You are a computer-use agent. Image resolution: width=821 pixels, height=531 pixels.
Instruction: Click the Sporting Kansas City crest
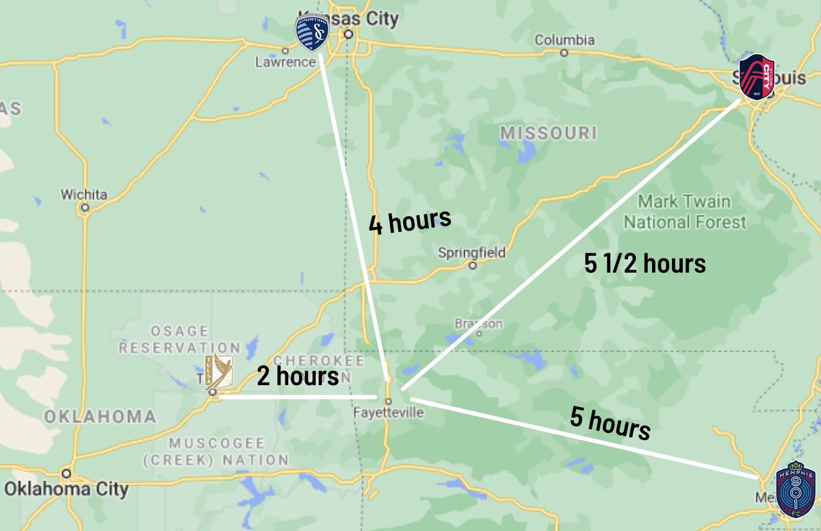(311, 32)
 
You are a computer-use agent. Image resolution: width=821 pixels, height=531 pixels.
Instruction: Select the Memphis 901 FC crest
(795, 490)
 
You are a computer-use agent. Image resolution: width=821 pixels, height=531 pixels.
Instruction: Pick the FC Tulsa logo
(218, 372)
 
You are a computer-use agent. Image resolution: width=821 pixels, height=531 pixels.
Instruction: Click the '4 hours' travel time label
(410, 222)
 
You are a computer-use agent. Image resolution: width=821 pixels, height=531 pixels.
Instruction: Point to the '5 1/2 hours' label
(644, 264)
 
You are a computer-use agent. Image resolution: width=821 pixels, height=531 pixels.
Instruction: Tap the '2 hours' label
(298, 376)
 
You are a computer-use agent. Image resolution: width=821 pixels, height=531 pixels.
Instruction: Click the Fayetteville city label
(389, 413)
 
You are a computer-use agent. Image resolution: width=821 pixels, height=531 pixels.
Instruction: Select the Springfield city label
(472, 253)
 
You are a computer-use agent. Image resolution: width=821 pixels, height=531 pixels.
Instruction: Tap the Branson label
(478, 323)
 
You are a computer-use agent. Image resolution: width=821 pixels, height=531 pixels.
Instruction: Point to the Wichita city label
(84, 194)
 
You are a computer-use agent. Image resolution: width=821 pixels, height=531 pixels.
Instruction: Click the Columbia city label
(564, 40)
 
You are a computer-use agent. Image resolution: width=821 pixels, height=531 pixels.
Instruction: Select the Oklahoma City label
(66, 489)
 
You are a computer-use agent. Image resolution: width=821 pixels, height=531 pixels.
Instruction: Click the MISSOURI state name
(548, 133)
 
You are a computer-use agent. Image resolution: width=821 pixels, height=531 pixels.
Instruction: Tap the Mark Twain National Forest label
(684, 212)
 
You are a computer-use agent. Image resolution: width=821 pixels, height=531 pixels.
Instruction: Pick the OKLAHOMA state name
(100, 416)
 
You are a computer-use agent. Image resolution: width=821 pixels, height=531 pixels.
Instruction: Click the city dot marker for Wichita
(85, 206)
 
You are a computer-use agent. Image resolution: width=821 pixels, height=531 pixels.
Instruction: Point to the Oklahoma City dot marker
(66, 473)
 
